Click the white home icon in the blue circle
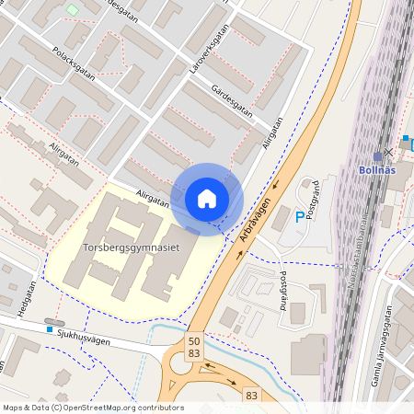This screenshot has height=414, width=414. point(206,198)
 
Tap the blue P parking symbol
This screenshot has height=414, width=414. point(299,217)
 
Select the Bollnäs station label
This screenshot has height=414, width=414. point(378,169)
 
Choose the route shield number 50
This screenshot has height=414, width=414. point(194,340)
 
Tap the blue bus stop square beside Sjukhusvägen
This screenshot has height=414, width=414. point(49,329)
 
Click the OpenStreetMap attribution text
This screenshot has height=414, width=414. point(92,408)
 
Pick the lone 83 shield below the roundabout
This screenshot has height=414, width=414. point(252,395)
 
